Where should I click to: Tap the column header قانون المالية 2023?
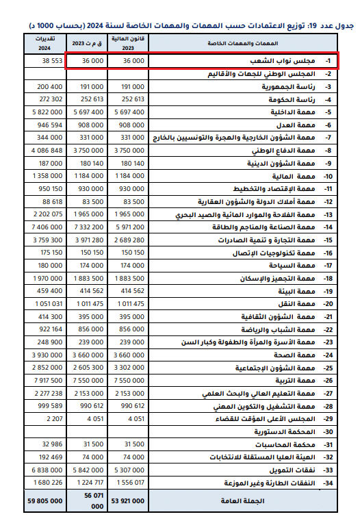pos(129,43)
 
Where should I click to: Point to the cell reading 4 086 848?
pos(44,150)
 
